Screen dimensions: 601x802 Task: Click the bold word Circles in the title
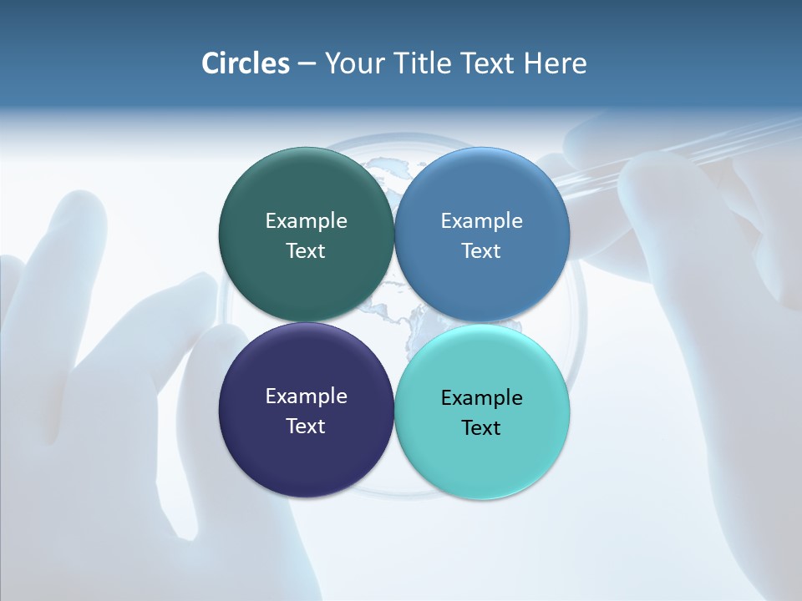[x=245, y=63]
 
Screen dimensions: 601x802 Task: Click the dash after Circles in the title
[x=307, y=64]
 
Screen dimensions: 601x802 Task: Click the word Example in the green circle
[x=306, y=221]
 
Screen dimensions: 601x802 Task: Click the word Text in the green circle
[x=306, y=251]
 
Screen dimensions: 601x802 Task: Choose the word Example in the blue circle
[x=481, y=221]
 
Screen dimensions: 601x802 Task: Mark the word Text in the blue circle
[x=481, y=251]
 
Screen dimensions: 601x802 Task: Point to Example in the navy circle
[x=306, y=396]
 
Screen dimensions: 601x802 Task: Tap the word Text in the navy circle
[x=306, y=427]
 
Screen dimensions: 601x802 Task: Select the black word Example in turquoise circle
[x=481, y=398]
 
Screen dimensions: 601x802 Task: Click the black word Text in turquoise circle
[x=481, y=428]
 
